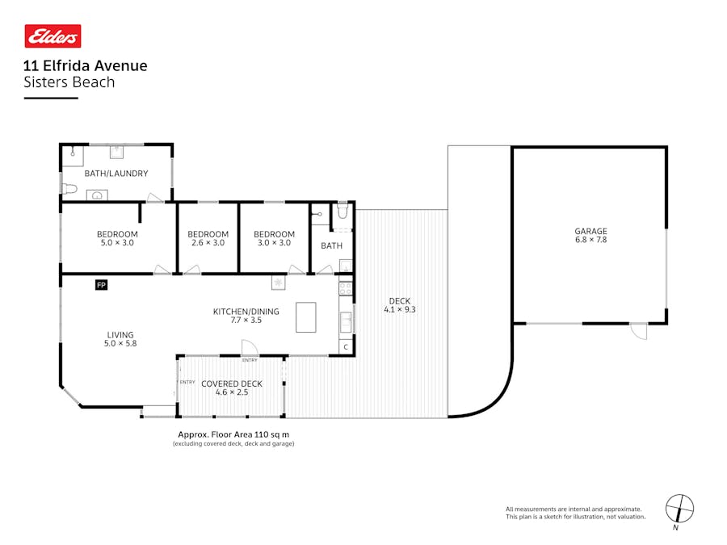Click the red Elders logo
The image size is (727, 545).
point(53,36)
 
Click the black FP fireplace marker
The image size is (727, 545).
point(101,284)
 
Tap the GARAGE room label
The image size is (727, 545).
point(590,231)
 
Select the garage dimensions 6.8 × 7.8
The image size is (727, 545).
point(590,240)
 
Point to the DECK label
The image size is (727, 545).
point(400,301)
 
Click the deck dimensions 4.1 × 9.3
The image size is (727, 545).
point(400,309)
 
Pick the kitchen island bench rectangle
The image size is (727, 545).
point(306,317)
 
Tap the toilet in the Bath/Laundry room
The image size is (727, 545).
point(69,189)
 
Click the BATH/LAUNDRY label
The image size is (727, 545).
point(116,174)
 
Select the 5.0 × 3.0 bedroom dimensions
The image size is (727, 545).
point(117,242)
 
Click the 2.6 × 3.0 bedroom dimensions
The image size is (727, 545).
point(208,242)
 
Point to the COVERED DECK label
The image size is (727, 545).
point(232,384)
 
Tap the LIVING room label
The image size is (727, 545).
point(120,334)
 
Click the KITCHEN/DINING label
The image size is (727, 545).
point(246,312)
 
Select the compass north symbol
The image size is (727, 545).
point(679,509)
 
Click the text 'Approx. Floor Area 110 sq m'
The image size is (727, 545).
point(233,434)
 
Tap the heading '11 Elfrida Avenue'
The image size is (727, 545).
point(86,65)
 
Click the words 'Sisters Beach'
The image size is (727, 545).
point(69,82)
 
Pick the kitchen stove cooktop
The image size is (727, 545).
point(346,288)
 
